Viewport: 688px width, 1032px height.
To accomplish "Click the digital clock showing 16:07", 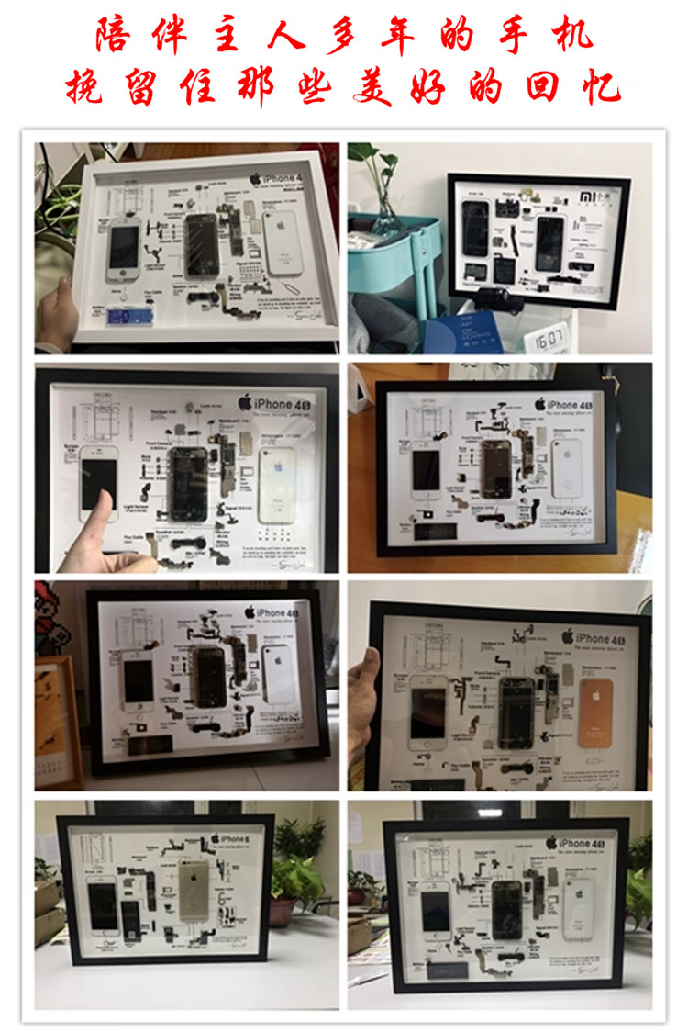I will coord(548,339).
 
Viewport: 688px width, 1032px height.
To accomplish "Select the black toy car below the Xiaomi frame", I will coord(495,300).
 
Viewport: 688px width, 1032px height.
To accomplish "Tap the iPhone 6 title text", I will coord(229,838).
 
